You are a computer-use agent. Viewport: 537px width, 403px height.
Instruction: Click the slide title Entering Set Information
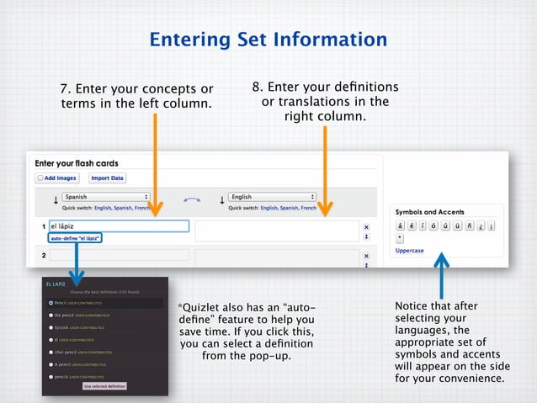268,39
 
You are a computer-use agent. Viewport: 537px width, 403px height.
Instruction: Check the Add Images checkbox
40,178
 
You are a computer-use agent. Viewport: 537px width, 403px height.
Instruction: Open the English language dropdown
273,197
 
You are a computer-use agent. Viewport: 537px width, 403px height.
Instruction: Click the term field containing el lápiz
118,226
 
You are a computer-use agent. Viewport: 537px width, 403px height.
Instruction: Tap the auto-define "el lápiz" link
76,238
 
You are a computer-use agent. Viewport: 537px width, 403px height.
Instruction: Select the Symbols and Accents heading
429,212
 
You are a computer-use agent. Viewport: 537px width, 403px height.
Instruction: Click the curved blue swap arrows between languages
192,200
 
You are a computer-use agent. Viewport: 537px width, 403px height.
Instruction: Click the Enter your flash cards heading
77,163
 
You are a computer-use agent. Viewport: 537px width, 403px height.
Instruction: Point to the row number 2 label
43,254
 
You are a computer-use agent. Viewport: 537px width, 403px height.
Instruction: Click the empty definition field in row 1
277,231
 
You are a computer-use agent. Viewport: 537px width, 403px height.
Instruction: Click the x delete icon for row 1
366,226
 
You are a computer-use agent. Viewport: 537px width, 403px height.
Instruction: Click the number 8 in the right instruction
256,87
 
